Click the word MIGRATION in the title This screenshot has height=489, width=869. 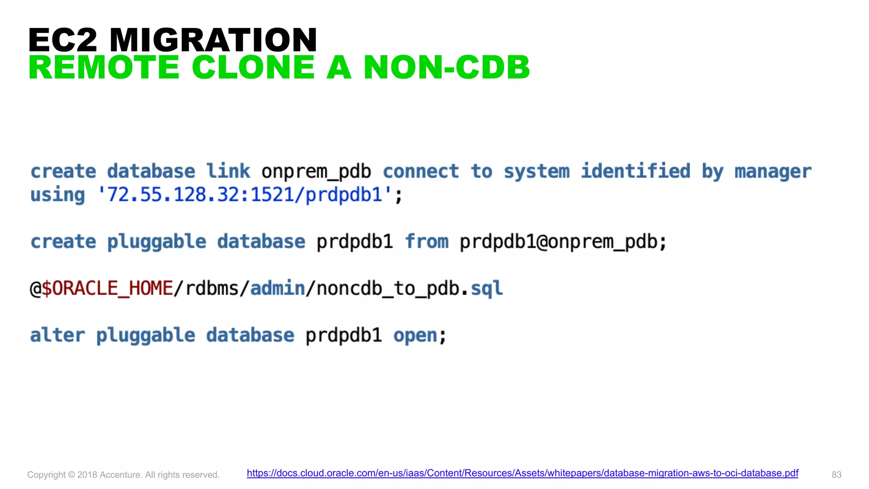click(213, 40)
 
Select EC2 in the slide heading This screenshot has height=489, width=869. click(63, 40)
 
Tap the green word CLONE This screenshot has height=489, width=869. click(253, 67)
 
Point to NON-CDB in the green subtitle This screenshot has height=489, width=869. click(446, 67)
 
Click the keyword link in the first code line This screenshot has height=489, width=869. click(228, 171)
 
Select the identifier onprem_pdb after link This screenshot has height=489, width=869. click(316, 172)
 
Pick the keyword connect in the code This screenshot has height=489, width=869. click(420, 171)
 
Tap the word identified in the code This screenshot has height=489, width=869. click(635, 171)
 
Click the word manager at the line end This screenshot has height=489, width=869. click(773, 172)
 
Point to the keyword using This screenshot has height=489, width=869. click(58, 195)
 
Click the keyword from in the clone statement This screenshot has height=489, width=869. click(426, 242)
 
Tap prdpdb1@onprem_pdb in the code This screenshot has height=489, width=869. click(559, 242)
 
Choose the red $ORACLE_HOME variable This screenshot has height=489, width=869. click(107, 289)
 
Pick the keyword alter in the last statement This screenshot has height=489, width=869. click(58, 335)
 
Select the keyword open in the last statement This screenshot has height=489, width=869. click(415, 336)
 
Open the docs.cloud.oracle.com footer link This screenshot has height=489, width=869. click(522, 473)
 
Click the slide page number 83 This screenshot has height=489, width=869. click(836, 475)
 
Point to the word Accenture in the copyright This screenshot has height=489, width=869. click(120, 475)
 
